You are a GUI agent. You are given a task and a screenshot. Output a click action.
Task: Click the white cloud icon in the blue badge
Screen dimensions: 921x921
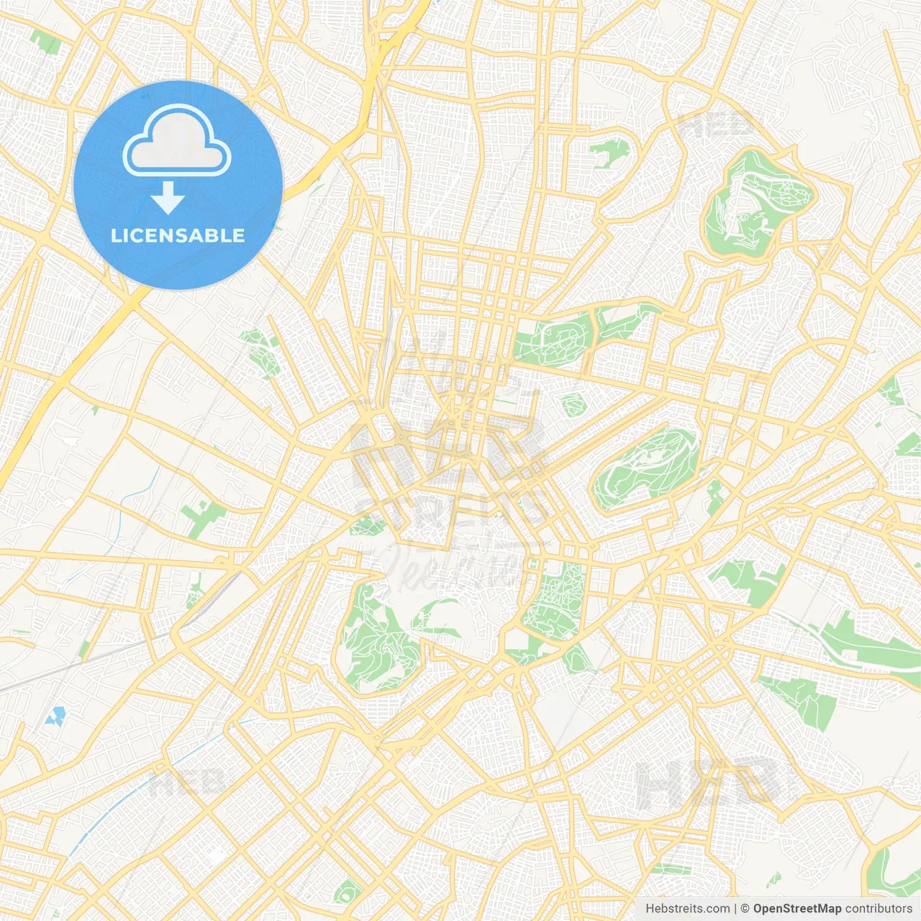(177, 141)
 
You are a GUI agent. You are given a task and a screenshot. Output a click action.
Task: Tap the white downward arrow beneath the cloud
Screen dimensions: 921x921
(168, 199)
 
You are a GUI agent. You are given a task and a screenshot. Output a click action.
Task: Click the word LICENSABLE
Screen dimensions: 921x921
(178, 235)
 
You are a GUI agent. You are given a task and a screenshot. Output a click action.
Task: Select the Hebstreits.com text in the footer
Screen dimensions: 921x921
(687, 909)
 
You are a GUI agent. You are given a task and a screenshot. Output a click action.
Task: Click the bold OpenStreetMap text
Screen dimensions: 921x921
(797, 909)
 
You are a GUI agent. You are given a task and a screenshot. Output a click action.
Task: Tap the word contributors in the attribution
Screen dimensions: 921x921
(879, 909)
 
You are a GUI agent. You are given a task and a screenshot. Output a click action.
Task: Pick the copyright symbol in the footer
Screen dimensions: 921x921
(745, 909)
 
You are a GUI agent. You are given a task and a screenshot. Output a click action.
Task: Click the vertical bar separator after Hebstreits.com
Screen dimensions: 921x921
(735, 909)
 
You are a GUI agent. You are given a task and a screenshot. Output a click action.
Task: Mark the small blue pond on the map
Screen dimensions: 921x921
(55, 716)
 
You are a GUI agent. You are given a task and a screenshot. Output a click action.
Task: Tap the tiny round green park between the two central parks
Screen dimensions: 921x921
(573, 405)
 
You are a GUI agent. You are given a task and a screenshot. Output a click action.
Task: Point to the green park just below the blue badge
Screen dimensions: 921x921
(260, 353)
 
